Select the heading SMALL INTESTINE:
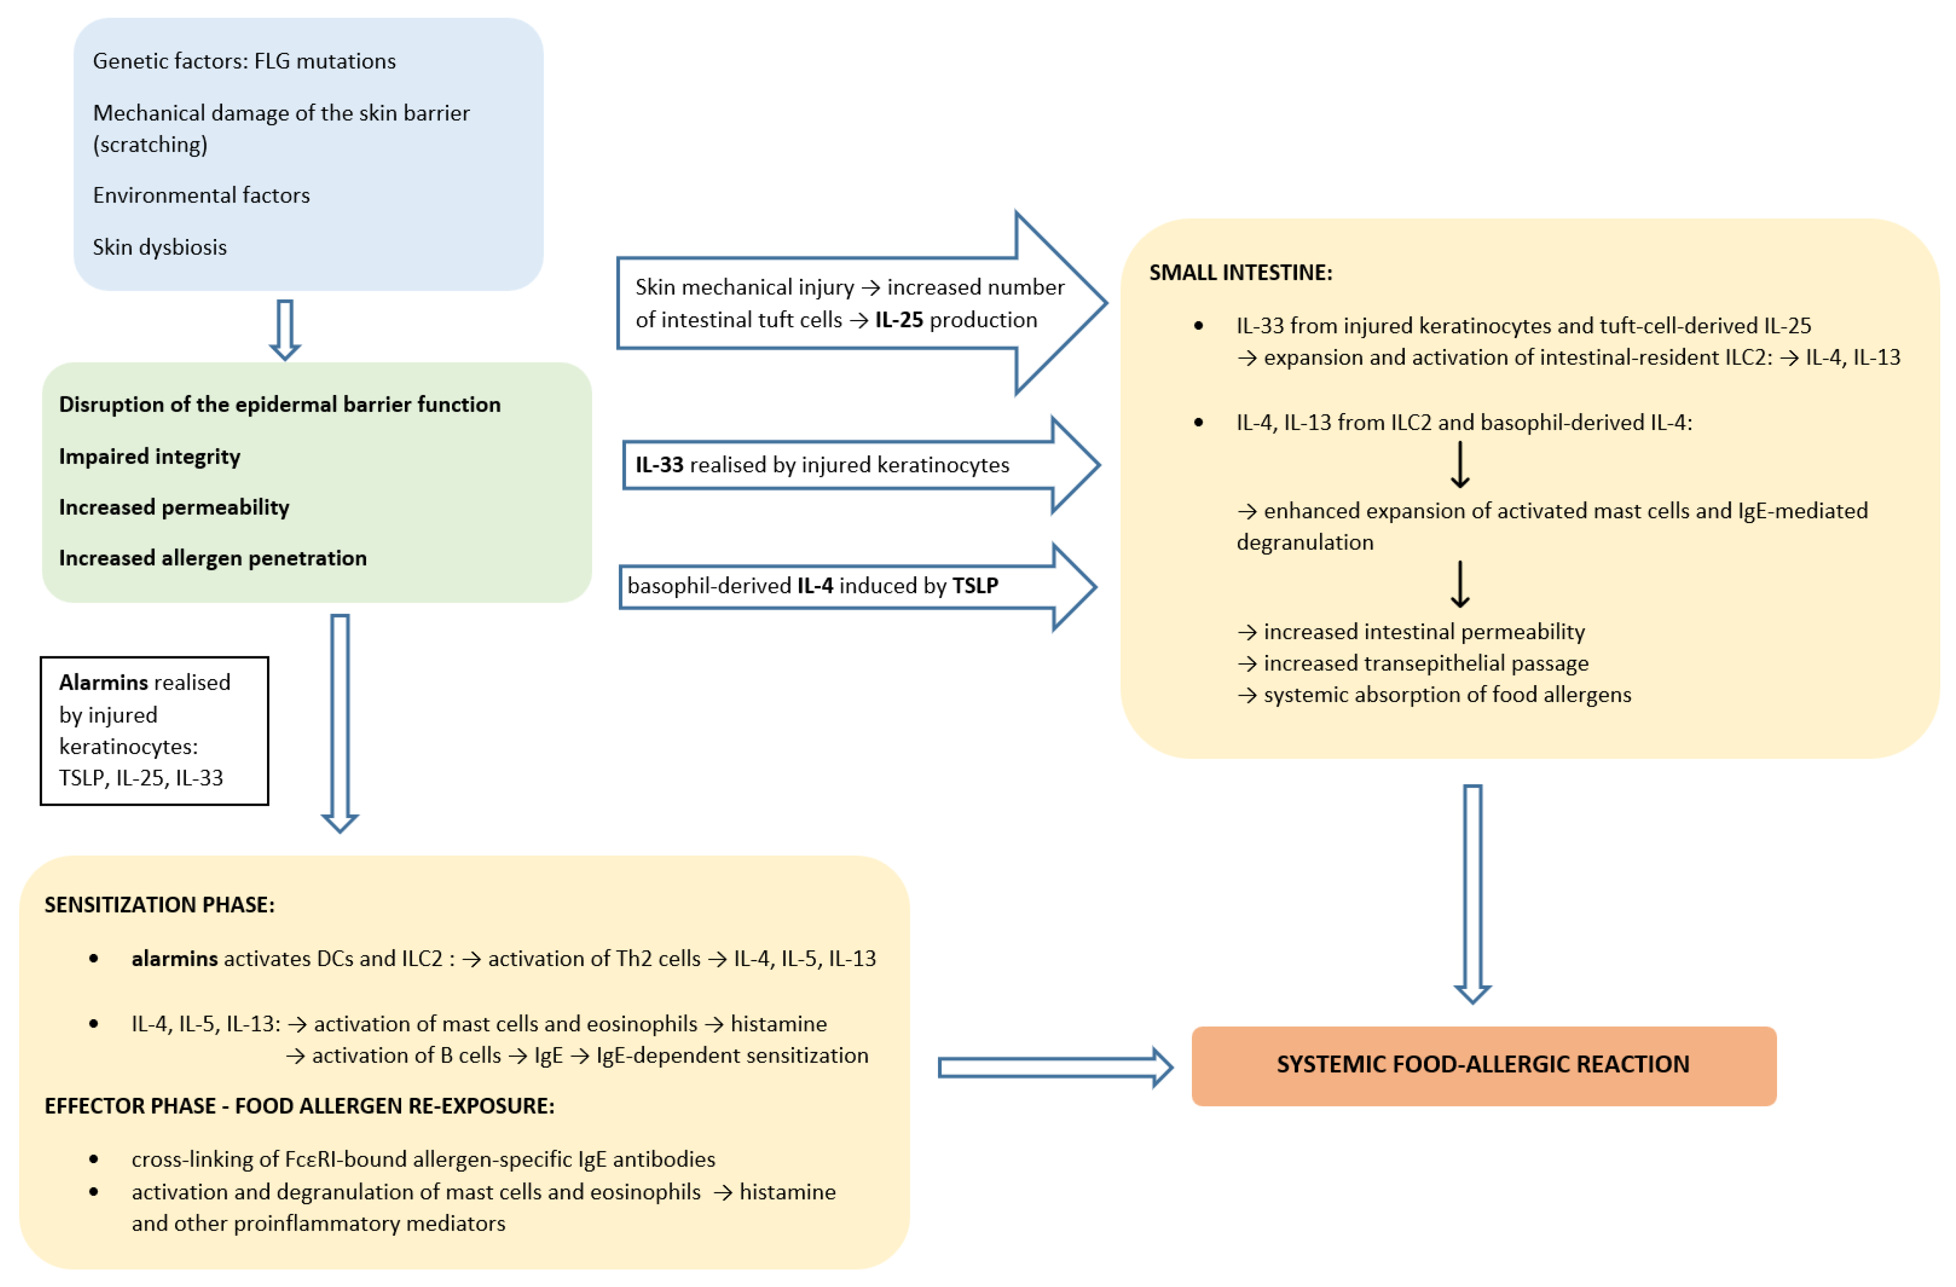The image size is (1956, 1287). (x=1240, y=273)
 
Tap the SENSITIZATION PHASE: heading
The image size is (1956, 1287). (x=159, y=905)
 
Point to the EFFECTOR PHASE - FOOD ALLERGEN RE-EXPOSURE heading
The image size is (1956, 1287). (x=299, y=1106)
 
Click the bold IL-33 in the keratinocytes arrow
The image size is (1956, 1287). (x=659, y=465)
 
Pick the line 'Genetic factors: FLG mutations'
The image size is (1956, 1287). (x=244, y=61)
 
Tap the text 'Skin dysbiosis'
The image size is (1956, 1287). (x=159, y=247)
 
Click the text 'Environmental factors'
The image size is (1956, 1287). (x=201, y=196)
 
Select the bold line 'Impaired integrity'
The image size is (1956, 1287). (x=150, y=457)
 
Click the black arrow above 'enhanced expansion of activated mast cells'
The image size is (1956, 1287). (x=1460, y=465)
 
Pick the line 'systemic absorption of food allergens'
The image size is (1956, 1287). (x=1446, y=695)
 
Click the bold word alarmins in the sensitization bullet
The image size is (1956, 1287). (x=174, y=959)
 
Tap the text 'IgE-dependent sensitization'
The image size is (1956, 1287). (x=732, y=1056)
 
